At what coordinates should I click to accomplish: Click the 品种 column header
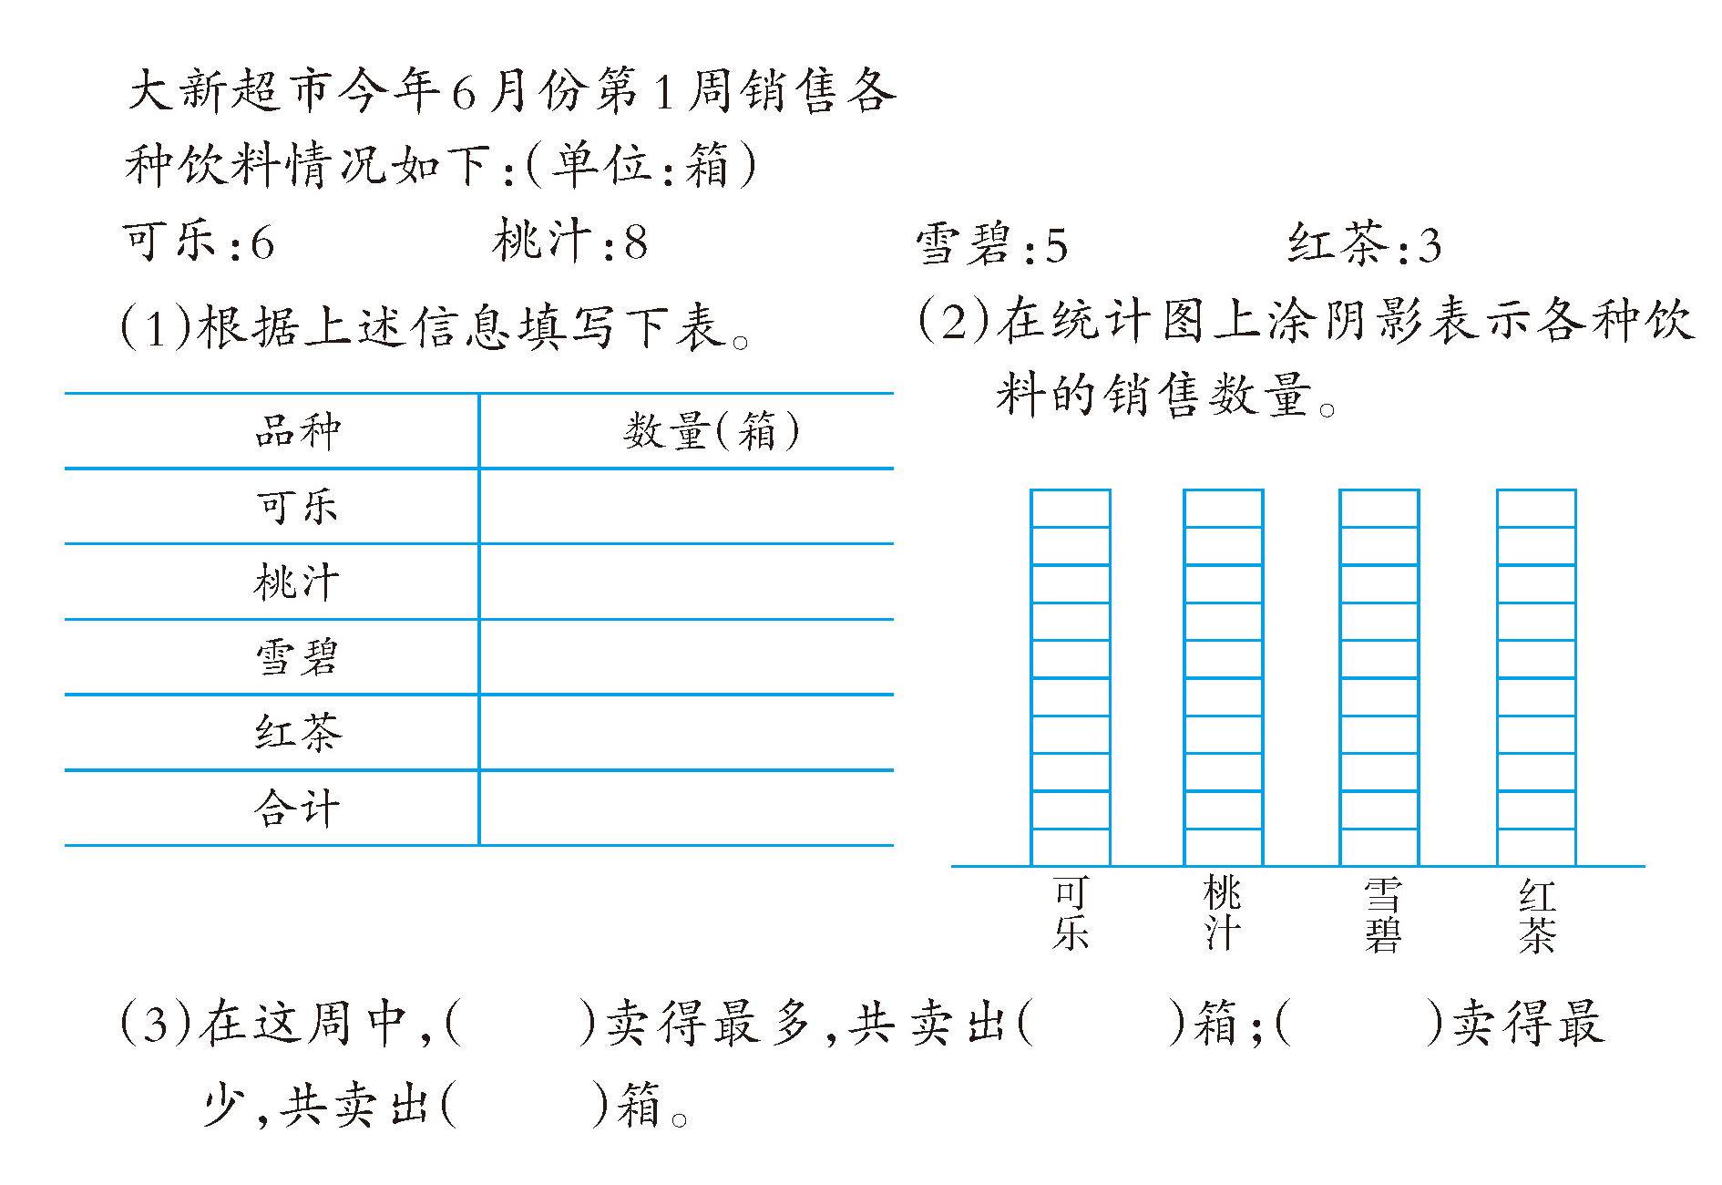coord(297,431)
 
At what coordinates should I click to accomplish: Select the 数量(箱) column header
coord(712,431)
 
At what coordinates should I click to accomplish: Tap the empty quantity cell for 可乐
coord(686,507)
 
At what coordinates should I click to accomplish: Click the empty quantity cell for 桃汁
coord(686,582)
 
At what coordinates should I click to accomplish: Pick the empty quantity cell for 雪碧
coord(686,657)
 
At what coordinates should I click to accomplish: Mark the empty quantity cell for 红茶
coord(686,733)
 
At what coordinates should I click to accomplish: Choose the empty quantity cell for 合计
coord(686,809)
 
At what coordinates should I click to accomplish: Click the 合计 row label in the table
coord(297,809)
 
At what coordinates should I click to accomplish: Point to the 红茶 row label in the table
coord(297,733)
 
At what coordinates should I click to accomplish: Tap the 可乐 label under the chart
coord(1071,913)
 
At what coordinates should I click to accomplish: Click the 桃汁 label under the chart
coord(1223,913)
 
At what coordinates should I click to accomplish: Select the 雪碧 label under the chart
coord(1381,915)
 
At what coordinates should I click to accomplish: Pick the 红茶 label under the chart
coord(1537,915)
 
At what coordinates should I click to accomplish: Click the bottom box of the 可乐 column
coord(1071,847)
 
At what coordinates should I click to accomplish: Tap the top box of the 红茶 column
coord(1537,509)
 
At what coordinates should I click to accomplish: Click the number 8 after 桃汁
coord(636,243)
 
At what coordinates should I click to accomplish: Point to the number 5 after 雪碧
coord(1056,246)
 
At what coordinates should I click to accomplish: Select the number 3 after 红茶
coord(1430,246)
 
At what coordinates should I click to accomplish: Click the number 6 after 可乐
coord(262,243)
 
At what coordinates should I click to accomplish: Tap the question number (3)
coord(156,1023)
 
